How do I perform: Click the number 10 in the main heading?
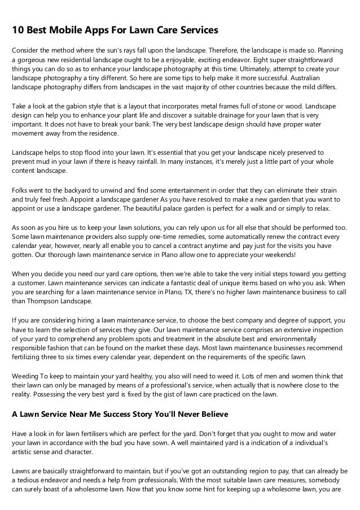(19, 29)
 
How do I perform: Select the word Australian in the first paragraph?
(321, 79)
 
